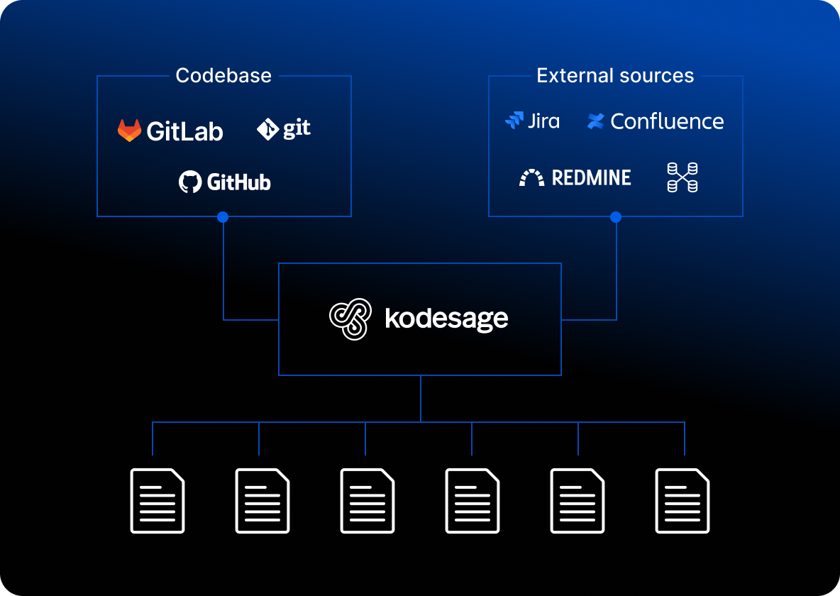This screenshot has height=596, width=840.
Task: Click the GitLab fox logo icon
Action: tap(129, 131)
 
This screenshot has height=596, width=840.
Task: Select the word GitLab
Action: tap(184, 131)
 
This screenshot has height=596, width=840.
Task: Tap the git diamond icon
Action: tap(267, 129)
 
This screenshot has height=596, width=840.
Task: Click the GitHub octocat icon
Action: tap(190, 182)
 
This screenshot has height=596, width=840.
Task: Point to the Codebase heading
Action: tap(223, 76)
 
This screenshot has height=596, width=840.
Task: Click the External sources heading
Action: tap(615, 76)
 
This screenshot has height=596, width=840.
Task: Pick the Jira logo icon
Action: tap(514, 121)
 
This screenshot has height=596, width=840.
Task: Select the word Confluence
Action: tap(667, 121)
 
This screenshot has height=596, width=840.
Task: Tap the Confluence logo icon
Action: tap(596, 121)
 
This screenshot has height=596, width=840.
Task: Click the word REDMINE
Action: tap(591, 177)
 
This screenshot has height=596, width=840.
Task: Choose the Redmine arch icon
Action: tap(532, 177)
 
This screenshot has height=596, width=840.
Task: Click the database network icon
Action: tap(682, 177)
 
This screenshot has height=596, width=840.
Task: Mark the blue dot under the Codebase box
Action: tap(223, 217)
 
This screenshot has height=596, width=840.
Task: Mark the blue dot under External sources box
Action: tap(616, 217)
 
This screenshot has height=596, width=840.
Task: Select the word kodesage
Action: tap(446, 319)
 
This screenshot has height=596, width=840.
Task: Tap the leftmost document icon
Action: tap(157, 500)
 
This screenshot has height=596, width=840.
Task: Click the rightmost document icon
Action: tap(682, 500)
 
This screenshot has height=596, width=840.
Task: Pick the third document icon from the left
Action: tap(367, 500)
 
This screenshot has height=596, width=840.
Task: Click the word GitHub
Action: tap(238, 182)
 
